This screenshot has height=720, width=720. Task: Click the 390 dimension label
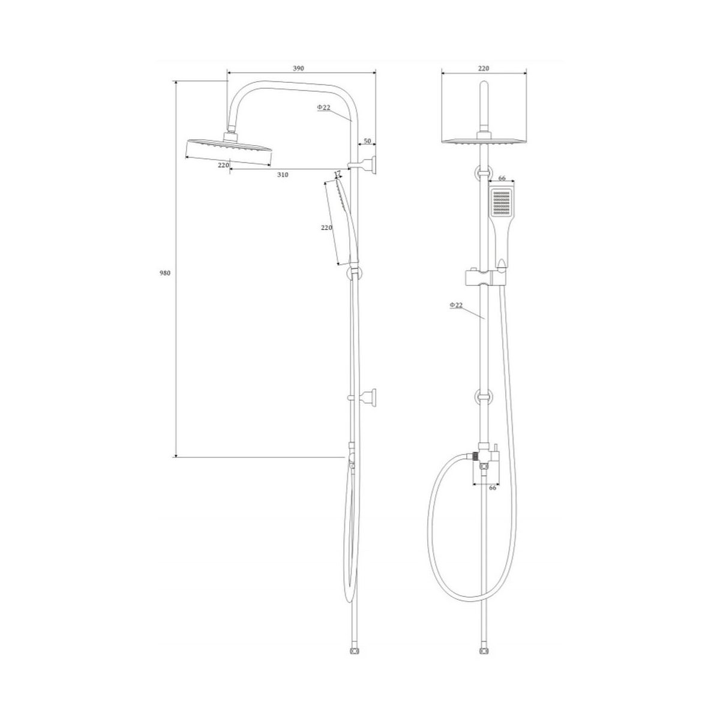[x=298, y=68]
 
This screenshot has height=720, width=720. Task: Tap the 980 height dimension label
[x=165, y=273]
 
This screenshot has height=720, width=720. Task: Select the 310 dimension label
[x=283, y=175]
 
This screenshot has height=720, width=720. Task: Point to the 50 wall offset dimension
[x=367, y=141]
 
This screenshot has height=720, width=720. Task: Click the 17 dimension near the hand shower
[x=337, y=173]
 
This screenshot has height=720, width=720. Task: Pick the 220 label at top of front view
[x=484, y=68]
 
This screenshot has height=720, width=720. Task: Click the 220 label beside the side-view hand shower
[x=326, y=227]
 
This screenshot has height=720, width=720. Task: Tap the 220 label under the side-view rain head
[x=223, y=165]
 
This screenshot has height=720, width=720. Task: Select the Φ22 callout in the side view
[x=323, y=107]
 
